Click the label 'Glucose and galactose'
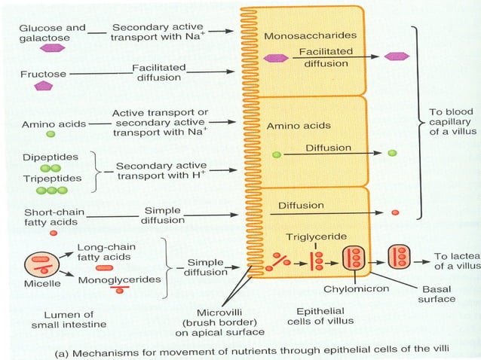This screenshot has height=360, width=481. click(52, 33)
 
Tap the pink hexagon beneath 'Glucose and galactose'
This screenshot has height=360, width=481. click(52, 47)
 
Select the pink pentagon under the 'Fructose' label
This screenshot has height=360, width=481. click(43, 86)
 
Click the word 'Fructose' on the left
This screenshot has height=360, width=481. click(43, 74)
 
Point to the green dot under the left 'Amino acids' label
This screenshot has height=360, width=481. click(51, 134)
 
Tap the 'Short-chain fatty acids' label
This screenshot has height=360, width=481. click(54, 218)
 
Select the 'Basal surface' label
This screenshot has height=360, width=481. click(437, 293)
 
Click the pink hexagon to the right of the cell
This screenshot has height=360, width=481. click(397, 56)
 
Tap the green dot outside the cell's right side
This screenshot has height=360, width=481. click(392, 153)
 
